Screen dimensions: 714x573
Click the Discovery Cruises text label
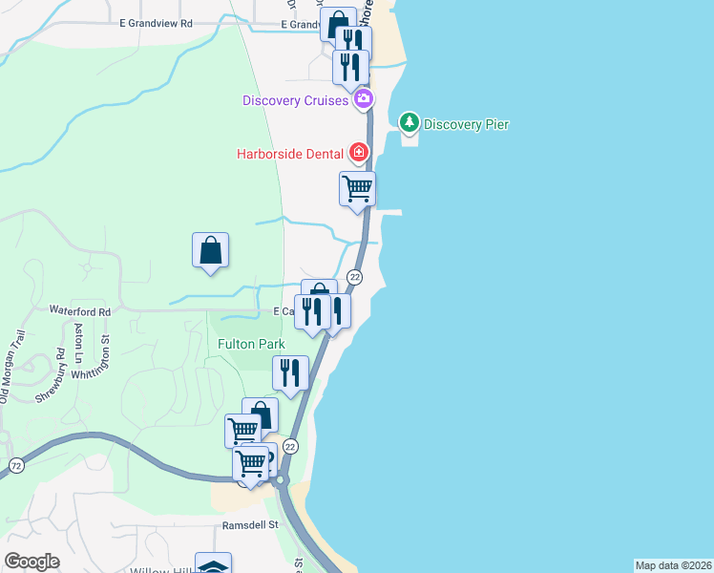[295, 100]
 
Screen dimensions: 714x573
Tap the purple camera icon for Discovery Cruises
[363, 98]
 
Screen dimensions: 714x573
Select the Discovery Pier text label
[466, 124]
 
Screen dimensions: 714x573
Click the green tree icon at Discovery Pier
[409, 122]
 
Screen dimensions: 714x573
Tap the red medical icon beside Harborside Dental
[358, 152]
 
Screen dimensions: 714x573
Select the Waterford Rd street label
[80, 311]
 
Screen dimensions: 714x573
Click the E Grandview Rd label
[157, 23]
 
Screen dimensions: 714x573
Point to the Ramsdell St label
[249, 524]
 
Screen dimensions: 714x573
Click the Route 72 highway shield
[15, 465]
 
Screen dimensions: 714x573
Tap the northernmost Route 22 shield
[355, 277]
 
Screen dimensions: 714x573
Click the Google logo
[32, 562]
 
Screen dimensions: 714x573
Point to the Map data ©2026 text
[673, 565]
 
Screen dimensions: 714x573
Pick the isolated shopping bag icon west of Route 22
[210, 250]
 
